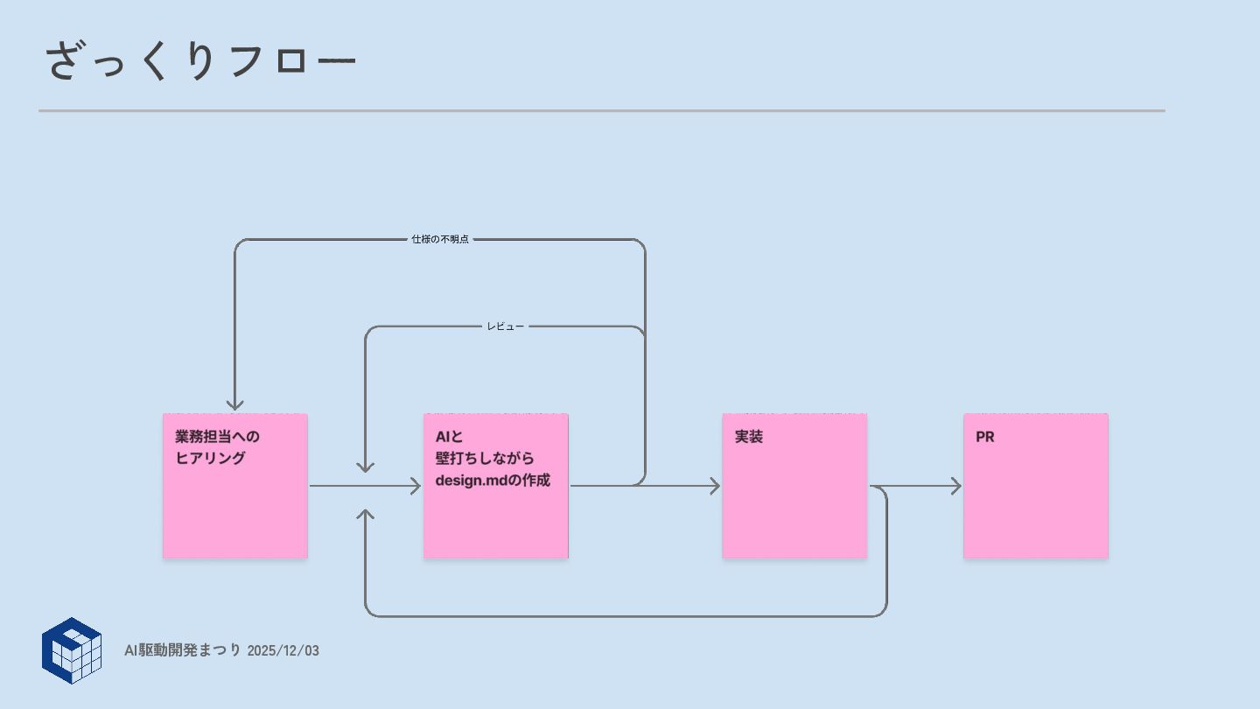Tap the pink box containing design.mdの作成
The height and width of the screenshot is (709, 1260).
(x=496, y=516)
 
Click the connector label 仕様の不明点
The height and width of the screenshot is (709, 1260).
(x=440, y=239)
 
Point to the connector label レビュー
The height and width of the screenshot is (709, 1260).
(x=506, y=326)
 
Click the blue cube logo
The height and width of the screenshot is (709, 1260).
(x=72, y=650)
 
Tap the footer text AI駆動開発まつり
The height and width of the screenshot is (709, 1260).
(x=182, y=650)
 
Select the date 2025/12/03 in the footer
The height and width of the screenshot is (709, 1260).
(x=283, y=650)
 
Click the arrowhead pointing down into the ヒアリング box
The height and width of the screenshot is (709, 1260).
(x=234, y=404)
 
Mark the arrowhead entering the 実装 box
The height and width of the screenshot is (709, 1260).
(x=715, y=486)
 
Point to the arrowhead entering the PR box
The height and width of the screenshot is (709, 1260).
(x=956, y=486)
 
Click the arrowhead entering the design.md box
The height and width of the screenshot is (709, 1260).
(x=416, y=486)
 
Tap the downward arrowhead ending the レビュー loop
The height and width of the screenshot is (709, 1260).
(x=366, y=467)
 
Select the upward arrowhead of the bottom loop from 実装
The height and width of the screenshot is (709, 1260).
(x=366, y=514)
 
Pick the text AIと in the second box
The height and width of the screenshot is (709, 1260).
(x=449, y=436)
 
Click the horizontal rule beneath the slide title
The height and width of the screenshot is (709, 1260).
(x=602, y=111)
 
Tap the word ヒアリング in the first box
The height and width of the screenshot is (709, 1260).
(x=210, y=458)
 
